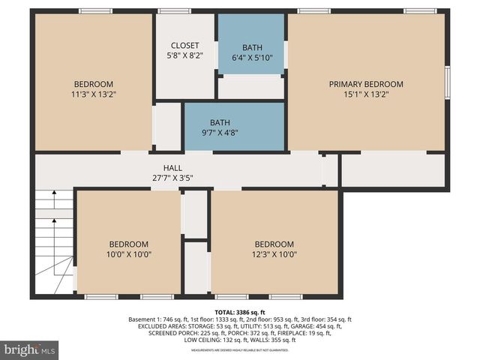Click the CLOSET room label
point(184,46)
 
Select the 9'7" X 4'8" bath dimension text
point(220,133)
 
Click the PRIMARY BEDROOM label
point(366,84)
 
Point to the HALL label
point(172,168)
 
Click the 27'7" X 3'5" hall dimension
point(172,178)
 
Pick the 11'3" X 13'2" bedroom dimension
point(93,94)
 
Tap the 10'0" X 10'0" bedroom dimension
point(128,254)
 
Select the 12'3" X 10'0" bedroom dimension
point(274,254)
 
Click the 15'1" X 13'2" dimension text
point(366,94)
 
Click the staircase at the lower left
point(54,240)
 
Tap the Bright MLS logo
point(30,349)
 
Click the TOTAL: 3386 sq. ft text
point(240,311)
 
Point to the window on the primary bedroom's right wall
point(447,82)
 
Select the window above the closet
point(174,11)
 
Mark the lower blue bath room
point(234,127)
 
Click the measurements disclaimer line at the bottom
point(240,350)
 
